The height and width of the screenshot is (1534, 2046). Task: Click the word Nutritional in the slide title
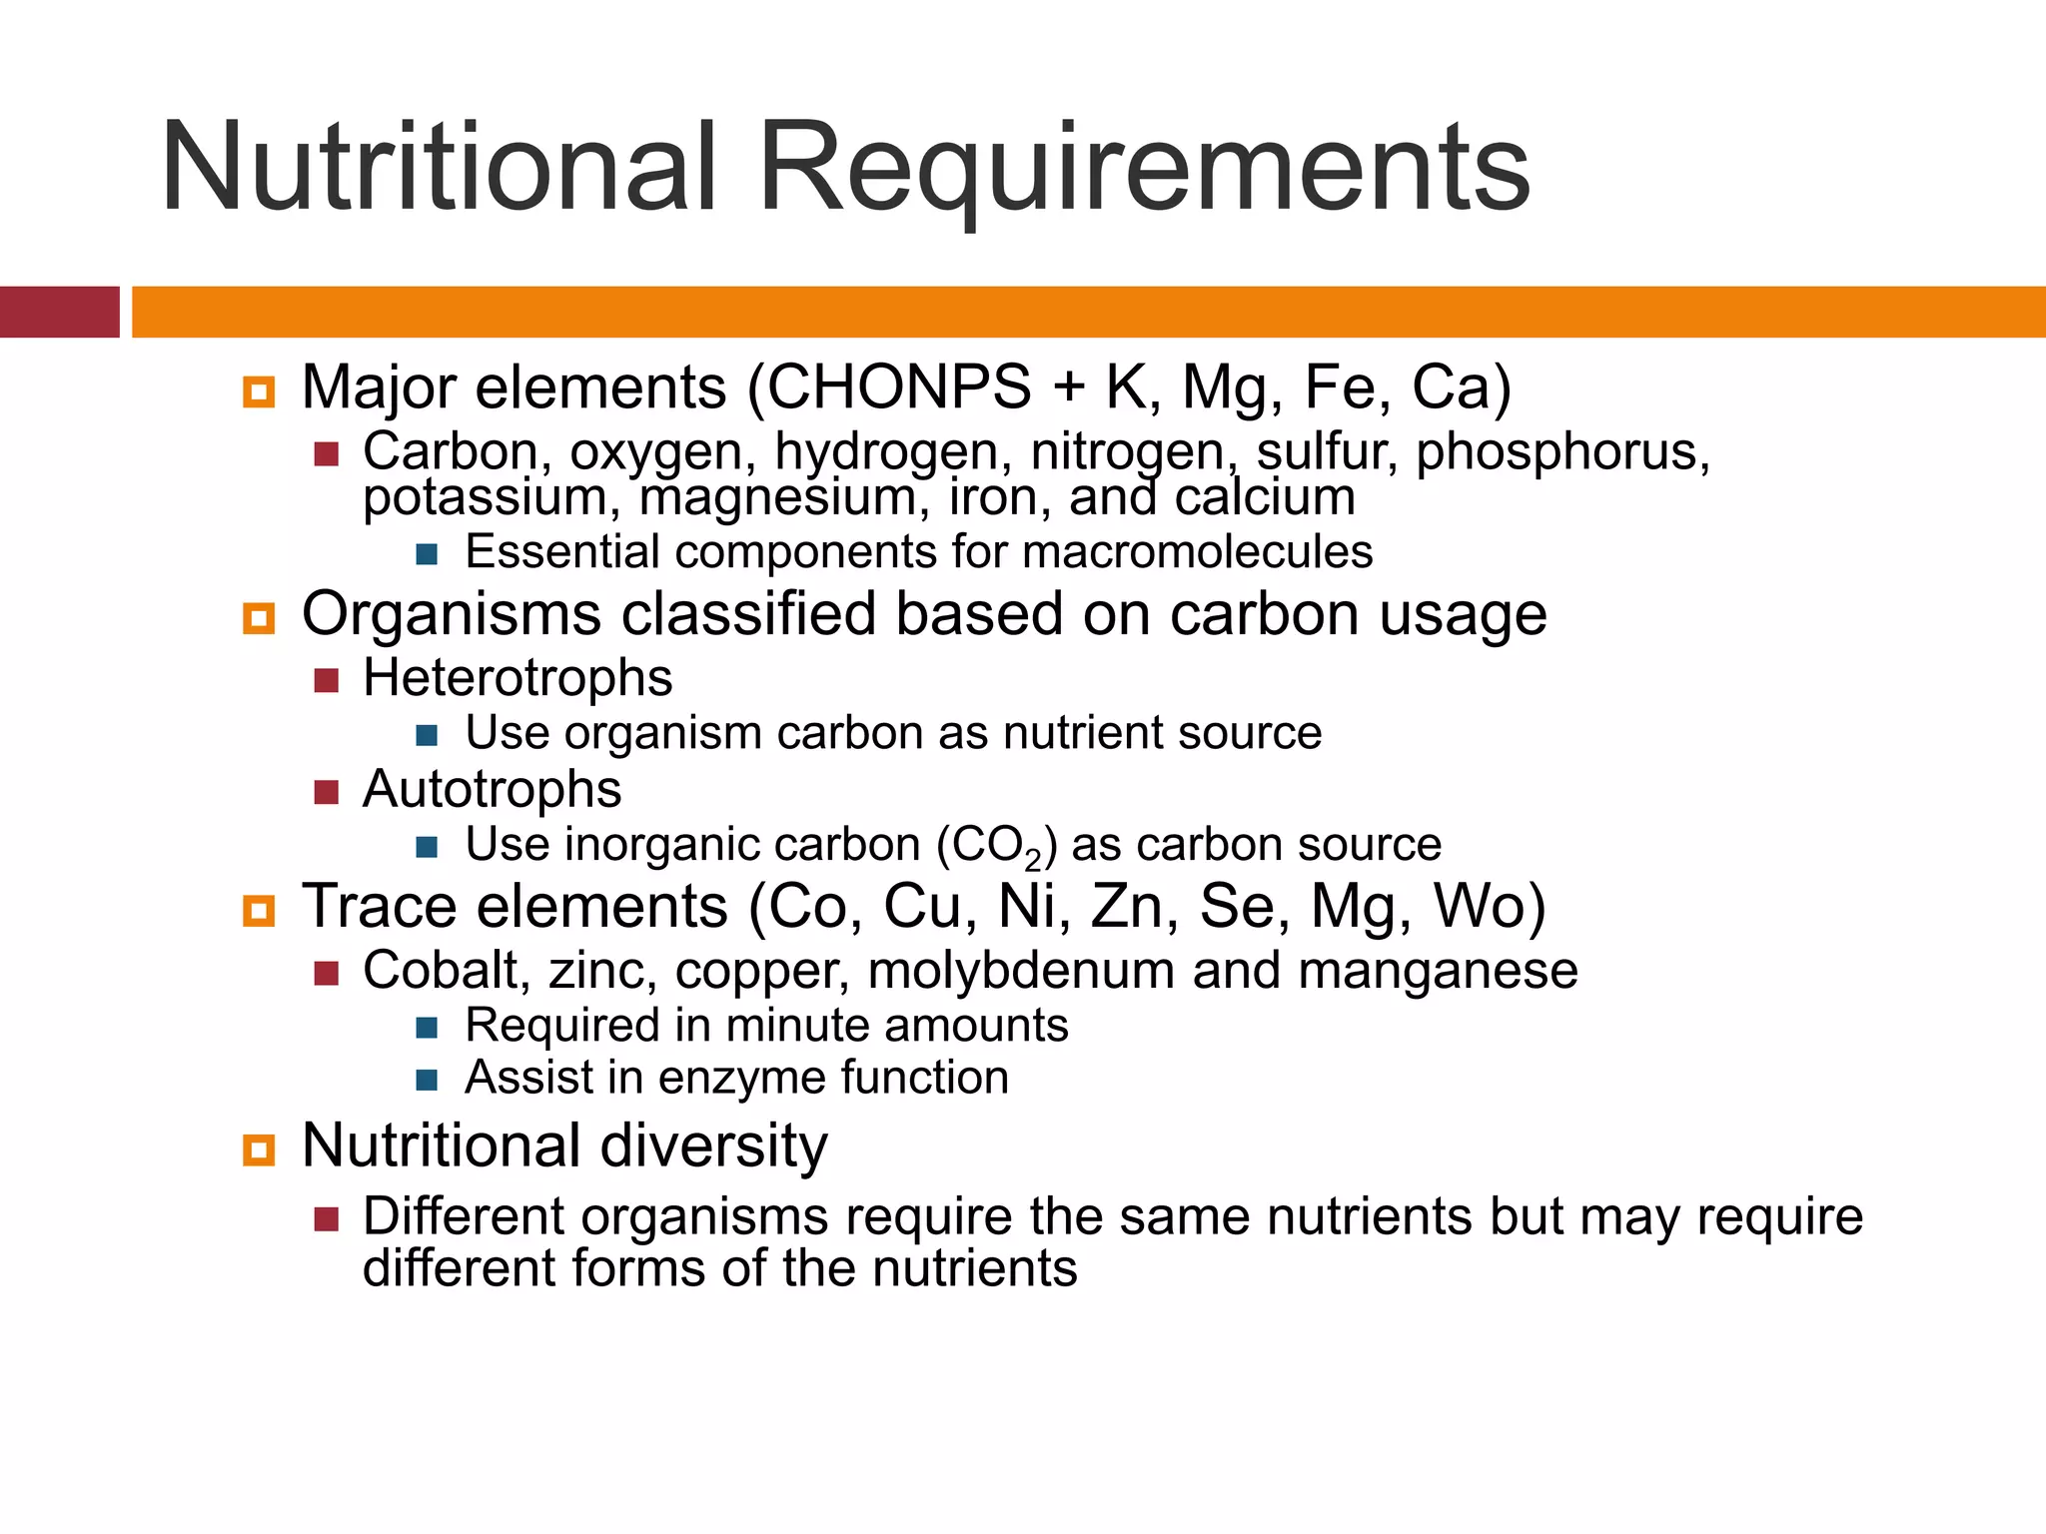[x=439, y=167]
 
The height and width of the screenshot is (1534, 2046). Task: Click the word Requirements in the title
[x=1145, y=167]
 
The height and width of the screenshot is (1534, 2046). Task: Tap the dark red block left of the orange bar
[x=59, y=312]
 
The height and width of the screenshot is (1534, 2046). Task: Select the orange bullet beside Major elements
[x=259, y=391]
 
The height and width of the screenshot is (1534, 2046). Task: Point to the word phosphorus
[x=1562, y=451]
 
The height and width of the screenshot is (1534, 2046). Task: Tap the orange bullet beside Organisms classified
[x=259, y=618]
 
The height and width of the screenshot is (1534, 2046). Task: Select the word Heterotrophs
[x=517, y=678]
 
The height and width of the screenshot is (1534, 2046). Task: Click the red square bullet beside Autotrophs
[x=327, y=792]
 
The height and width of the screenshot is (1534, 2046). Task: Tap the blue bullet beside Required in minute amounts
[x=428, y=1027]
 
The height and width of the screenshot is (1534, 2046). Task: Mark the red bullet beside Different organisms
[x=327, y=1218]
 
